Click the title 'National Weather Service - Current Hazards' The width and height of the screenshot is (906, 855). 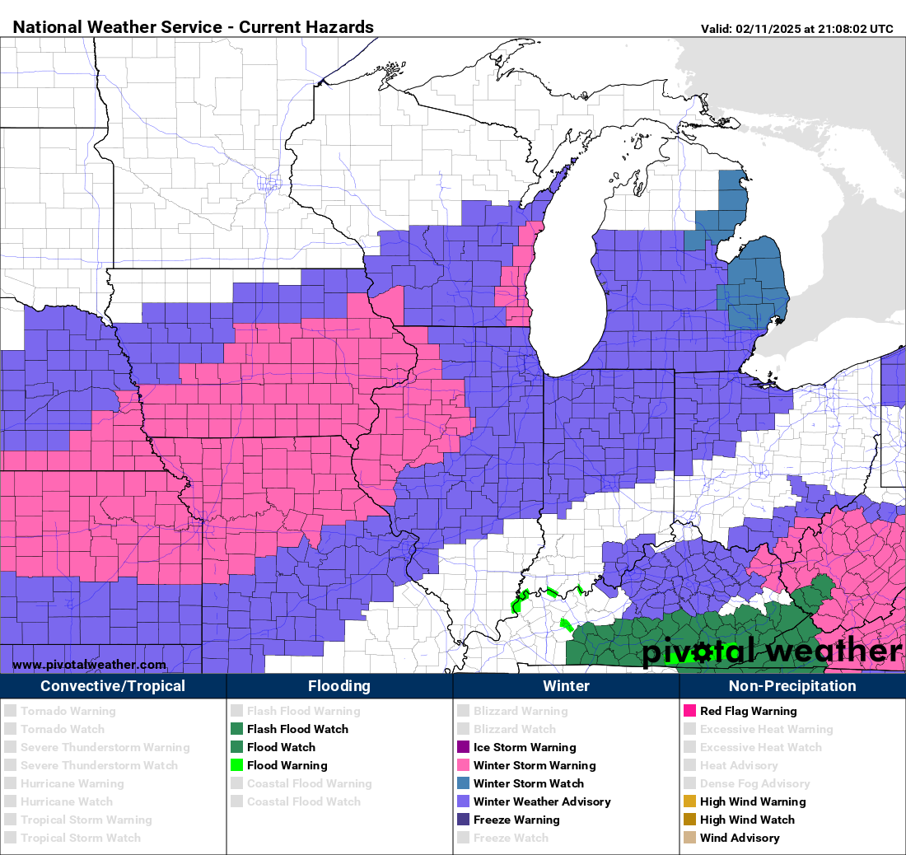pos(194,27)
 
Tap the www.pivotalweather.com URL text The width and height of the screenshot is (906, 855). pos(89,665)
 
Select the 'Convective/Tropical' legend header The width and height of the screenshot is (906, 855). pos(113,686)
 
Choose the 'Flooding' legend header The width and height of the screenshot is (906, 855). pos(339,686)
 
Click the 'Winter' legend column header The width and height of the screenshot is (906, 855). pos(566,686)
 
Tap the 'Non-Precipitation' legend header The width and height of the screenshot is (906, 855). pos(792,686)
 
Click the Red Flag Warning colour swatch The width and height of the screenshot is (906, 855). pos(690,711)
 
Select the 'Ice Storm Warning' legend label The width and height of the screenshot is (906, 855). pos(524,747)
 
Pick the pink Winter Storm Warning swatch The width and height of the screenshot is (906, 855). pos(464,765)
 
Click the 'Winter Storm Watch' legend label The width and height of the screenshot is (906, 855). pos(528,783)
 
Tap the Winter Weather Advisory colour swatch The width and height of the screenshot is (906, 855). pos(464,801)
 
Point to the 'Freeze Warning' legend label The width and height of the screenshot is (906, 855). pos(516,820)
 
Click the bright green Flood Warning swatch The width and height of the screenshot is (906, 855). pos(237,765)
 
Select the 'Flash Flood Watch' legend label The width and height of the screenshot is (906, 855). pos(297,729)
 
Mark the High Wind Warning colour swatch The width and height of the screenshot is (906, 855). pos(690,801)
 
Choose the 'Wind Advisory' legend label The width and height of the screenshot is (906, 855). pos(740,838)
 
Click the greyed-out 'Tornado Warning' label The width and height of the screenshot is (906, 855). pos(68,711)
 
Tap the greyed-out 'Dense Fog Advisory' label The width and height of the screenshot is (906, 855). pos(754,783)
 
